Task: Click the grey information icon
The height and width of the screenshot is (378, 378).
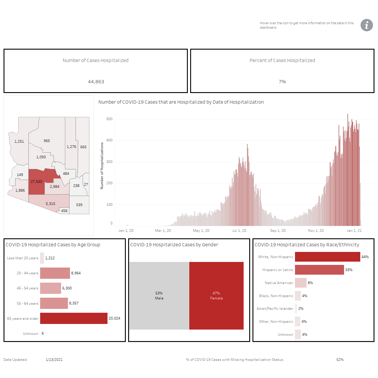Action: click(x=366, y=25)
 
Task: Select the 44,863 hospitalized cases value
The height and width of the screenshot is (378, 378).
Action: click(x=96, y=82)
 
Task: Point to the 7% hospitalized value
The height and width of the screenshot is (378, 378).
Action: click(x=282, y=82)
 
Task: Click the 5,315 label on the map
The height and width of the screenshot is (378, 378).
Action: click(x=50, y=203)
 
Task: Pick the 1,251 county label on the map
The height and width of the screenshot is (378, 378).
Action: click(x=19, y=141)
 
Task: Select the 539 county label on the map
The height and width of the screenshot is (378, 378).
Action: click(x=79, y=205)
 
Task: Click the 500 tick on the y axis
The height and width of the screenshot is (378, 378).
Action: click(x=109, y=119)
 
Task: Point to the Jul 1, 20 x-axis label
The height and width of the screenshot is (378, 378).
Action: click(x=239, y=230)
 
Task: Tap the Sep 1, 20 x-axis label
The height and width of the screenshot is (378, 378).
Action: click(x=278, y=230)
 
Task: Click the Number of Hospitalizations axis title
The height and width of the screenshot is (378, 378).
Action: click(x=102, y=166)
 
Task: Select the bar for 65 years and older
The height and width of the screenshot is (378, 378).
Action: click(x=74, y=318)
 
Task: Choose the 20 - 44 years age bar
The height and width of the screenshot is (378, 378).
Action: click(x=55, y=273)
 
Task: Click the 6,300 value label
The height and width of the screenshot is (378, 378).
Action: click(x=67, y=288)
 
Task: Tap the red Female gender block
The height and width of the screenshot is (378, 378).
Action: click(x=216, y=296)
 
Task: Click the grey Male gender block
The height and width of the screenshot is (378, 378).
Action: click(x=159, y=296)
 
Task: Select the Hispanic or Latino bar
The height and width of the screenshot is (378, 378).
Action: click(x=319, y=270)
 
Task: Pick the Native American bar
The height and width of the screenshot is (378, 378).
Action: click(x=301, y=283)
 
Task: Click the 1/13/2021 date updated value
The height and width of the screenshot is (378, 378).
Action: click(x=54, y=360)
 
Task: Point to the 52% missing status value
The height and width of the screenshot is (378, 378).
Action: click(x=340, y=360)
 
